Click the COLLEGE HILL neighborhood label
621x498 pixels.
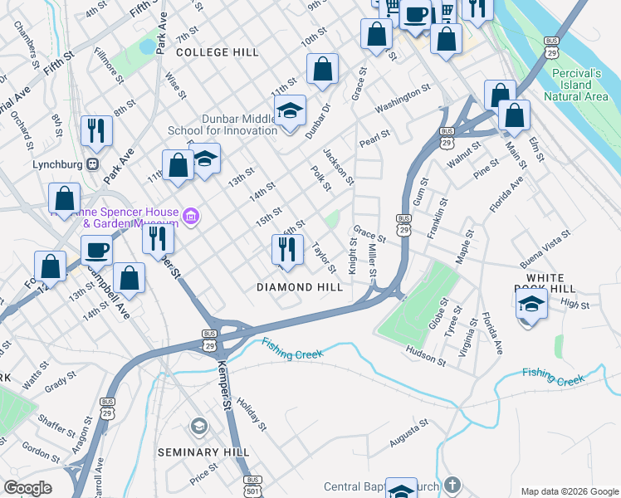[217, 51]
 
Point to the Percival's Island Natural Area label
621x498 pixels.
[579, 85]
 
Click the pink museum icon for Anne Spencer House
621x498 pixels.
[192, 217]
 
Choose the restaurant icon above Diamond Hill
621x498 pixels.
[287, 249]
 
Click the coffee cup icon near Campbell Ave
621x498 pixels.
[96, 250]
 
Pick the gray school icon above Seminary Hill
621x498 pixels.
[198, 427]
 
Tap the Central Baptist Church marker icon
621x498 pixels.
[452, 484]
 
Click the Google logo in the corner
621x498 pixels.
[27, 487]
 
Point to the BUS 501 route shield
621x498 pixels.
[252, 485]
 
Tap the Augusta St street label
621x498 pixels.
[409, 433]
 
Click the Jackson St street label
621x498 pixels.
[338, 166]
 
